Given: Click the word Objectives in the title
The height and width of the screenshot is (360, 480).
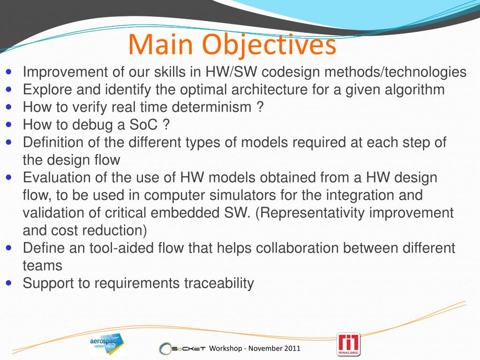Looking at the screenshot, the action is [x=270, y=45].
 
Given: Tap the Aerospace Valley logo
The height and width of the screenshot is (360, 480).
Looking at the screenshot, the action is [x=106, y=344].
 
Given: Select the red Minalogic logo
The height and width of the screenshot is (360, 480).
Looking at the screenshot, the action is [x=348, y=345].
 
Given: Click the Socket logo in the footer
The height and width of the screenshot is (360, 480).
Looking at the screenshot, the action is [x=182, y=349].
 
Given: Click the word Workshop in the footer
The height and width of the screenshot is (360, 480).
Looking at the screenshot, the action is [x=225, y=349].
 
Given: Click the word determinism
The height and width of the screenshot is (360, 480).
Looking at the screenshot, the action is [x=211, y=107].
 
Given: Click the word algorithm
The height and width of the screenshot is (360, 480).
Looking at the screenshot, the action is [x=414, y=90].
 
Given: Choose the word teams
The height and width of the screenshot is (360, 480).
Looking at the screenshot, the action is [x=42, y=266].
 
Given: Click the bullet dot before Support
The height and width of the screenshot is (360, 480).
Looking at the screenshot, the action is [x=8, y=283].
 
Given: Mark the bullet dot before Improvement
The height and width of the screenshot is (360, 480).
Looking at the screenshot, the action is [x=8, y=72].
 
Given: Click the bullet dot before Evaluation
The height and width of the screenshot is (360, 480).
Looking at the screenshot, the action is [x=8, y=177].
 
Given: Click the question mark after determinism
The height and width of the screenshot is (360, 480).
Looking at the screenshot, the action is [x=259, y=107].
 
